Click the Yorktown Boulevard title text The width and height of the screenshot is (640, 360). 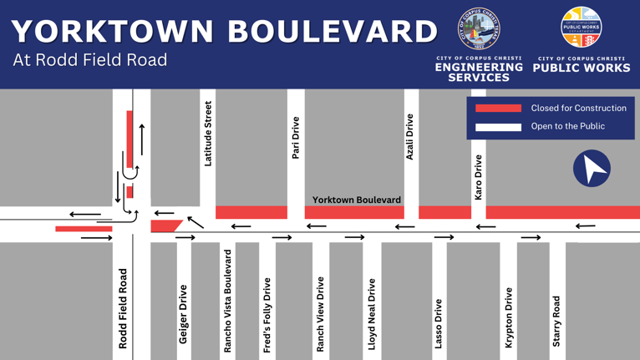(224, 31)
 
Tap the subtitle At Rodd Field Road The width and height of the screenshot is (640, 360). (90, 60)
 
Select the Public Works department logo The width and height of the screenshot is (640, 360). (581, 28)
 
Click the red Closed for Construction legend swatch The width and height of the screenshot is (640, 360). (498, 108)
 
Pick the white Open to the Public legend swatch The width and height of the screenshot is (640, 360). (498, 127)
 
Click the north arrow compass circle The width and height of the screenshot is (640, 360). (592, 168)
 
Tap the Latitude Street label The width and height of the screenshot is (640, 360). (208, 134)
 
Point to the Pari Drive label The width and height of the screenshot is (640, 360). (295, 138)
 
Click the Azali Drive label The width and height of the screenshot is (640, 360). (409, 137)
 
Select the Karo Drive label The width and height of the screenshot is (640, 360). (478, 177)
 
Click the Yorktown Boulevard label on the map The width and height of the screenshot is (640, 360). (357, 200)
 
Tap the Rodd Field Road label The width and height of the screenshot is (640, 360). (124, 308)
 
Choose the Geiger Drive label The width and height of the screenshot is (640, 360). (183, 314)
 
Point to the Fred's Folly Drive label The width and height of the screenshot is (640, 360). (267, 315)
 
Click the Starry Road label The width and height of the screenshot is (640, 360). (556, 322)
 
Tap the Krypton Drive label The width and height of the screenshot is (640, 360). (508, 318)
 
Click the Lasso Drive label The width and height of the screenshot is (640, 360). (438, 322)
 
